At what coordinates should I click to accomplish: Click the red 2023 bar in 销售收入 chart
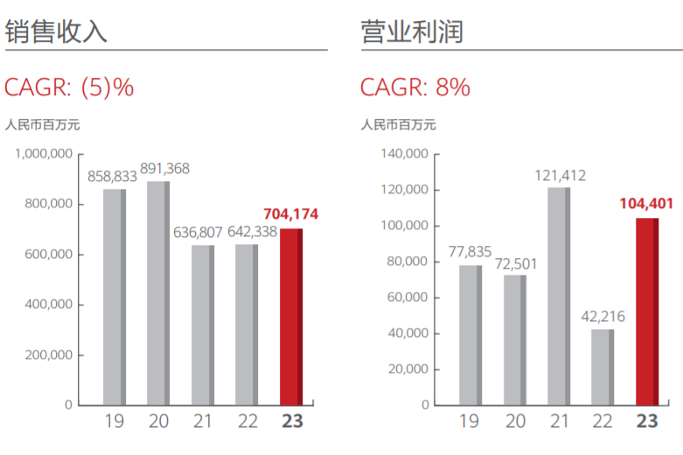pyautogui.click(x=291, y=317)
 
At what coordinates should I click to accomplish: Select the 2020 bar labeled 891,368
pyautogui.click(x=158, y=293)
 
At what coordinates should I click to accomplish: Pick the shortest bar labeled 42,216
pyautogui.click(x=603, y=367)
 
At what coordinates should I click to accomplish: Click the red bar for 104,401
pyautogui.click(x=646, y=311)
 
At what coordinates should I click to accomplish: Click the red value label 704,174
pyautogui.click(x=292, y=214)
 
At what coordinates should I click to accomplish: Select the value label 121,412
pyautogui.click(x=560, y=175)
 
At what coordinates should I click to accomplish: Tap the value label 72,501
pyautogui.click(x=516, y=262)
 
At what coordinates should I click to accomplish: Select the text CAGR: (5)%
pyautogui.click(x=69, y=87)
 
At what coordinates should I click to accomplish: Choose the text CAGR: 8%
pyautogui.click(x=415, y=87)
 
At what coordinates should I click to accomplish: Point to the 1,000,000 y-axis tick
pyautogui.click(x=43, y=154)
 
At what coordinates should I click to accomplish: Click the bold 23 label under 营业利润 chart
pyautogui.click(x=647, y=422)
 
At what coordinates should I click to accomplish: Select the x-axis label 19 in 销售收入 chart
pyautogui.click(x=115, y=422)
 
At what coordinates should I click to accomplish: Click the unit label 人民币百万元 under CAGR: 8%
pyautogui.click(x=398, y=124)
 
